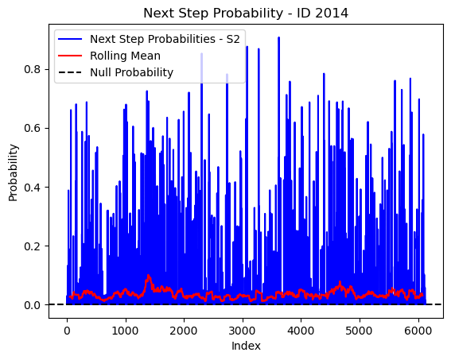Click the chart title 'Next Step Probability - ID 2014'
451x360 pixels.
pos(246,14)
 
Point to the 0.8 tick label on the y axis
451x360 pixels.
pos(32,69)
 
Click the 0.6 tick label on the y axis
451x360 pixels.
pos(32,129)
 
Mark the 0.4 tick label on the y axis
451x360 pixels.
pos(32,188)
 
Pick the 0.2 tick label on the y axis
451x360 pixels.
pos(32,246)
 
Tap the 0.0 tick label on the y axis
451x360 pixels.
pos(32,305)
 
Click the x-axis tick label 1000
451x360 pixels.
pos(125,331)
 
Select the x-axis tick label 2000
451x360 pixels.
pos(184,331)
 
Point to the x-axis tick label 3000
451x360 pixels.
pos(242,331)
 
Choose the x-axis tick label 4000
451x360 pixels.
pos(301,331)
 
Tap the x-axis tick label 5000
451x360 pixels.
pos(360,331)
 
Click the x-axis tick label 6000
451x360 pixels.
pos(418,331)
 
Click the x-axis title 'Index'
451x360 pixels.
pos(246,346)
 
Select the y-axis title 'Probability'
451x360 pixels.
pos(13,172)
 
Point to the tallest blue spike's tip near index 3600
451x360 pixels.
pos(278,37)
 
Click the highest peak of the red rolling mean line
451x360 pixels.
pos(149,275)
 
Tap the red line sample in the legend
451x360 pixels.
pos(70,56)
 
